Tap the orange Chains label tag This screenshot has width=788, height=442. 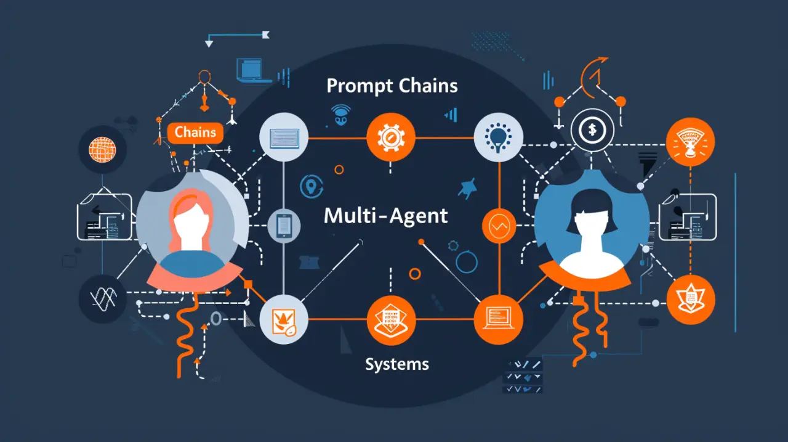pyautogui.click(x=195, y=132)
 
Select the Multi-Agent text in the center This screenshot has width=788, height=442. pyautogui.click(x=385, y=216)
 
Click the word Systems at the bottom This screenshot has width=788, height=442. pyautogui.click(x=396, y=364)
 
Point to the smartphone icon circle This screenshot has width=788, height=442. pyautogui.click(x=284, y=226)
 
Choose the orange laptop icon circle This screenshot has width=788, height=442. pyautogui.click(x=498, y=319)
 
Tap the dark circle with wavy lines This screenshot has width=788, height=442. pyautogui.click(x=103, y=299)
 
